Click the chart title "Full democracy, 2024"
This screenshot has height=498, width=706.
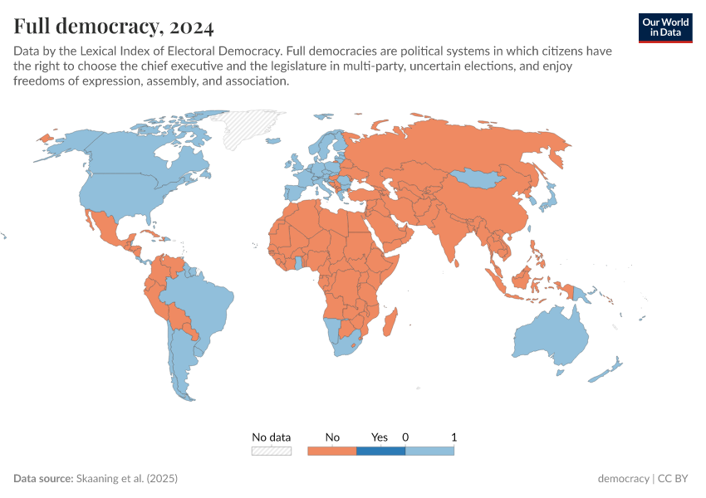coord(114,27)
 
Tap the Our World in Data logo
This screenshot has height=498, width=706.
coord(664,27)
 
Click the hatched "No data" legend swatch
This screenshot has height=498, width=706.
coord(272,451)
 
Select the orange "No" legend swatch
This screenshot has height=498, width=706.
coord(331,451)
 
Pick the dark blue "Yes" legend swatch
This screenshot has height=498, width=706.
coord(380,451)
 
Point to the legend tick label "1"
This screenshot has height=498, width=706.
coord(454,437)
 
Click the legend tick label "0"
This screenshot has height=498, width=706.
coord(405,437)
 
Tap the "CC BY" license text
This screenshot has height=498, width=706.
coord(675,479)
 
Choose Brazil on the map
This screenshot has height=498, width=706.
coord(199,300)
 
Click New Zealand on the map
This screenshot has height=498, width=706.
coord(607,369)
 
